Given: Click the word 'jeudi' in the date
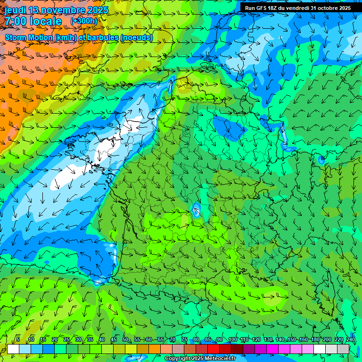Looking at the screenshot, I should tap(16, 10).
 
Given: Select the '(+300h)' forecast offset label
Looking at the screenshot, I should tap(83, 21).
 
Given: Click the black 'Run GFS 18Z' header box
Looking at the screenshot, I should tap(298, 8).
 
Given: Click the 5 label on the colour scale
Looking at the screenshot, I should tap(17, 340).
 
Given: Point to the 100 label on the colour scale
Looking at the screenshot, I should tap(232, 340).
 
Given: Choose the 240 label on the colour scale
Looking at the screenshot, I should tap(351, 340).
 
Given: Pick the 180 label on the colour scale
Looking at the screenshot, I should tap(315, 340).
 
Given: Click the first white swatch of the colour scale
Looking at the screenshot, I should tap(13, 349).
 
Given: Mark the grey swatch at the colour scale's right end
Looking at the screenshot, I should tap(343, 349).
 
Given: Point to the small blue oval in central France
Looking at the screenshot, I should tap(196, 209).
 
